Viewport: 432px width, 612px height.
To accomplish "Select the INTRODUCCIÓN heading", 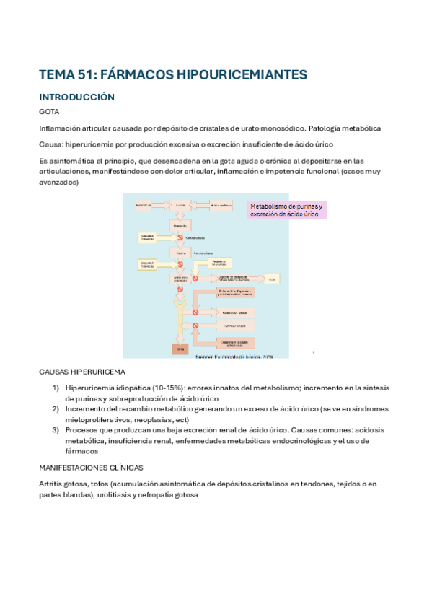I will pos(77,97).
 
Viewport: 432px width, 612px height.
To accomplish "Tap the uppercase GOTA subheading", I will pos(49,112).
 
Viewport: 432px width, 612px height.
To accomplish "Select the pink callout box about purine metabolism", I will pos(287,209).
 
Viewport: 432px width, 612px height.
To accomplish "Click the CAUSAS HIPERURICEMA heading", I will pos(81,372).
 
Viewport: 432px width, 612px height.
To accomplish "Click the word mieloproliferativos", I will pos(99,419).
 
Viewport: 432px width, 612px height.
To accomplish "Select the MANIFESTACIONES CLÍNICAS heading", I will pos(91,467).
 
